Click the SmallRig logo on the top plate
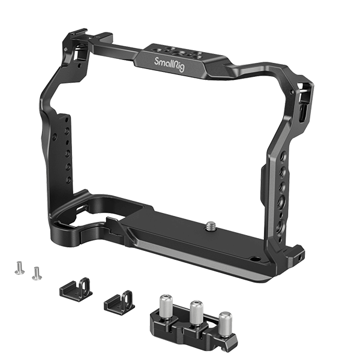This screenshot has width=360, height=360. (169, 64)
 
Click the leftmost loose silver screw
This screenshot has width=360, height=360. (20, 268)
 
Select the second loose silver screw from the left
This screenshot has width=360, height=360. (37, 273)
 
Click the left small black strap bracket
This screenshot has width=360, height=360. (76, 290)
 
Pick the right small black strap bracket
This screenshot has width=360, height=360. (119, 301)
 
